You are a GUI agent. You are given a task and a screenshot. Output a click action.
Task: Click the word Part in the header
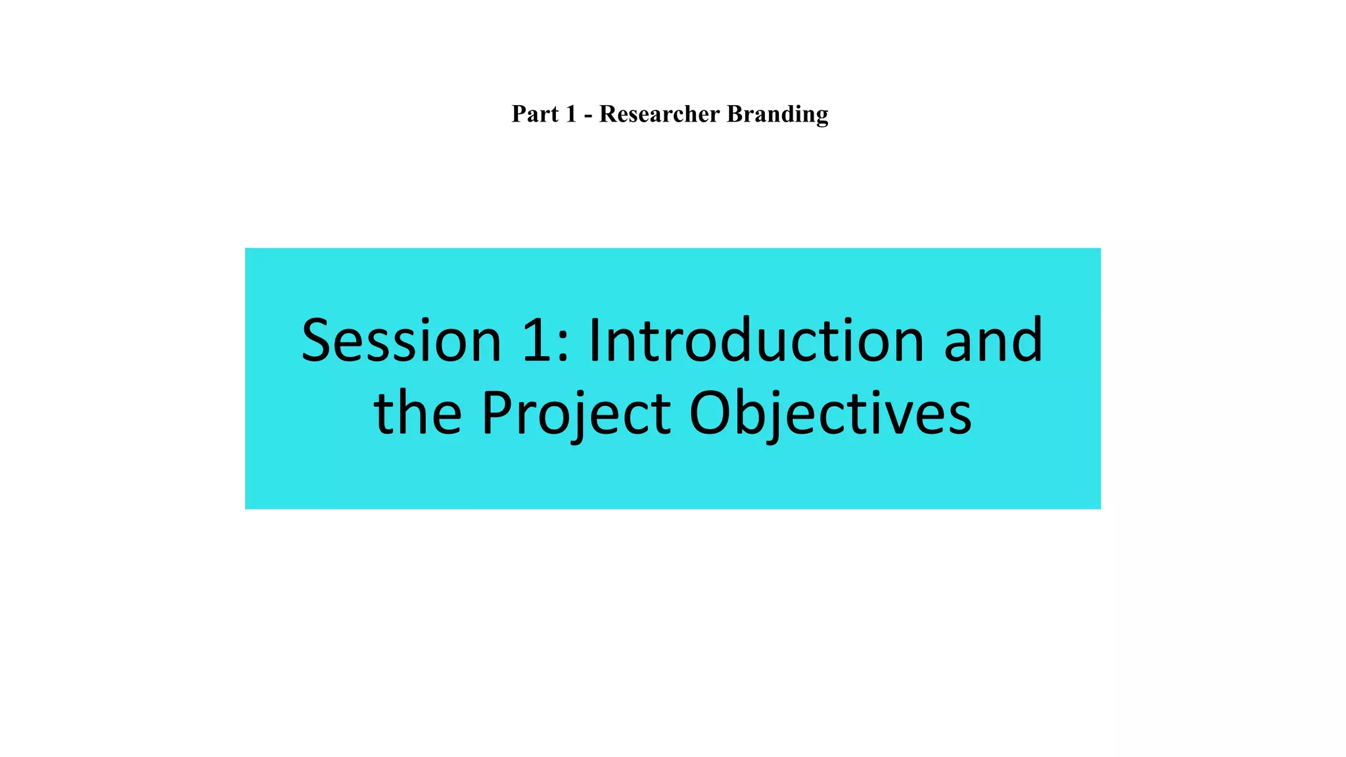click(535, 114)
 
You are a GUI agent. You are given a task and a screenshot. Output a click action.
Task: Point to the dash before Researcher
click(588, 116)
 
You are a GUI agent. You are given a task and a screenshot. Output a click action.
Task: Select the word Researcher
click(659, 114)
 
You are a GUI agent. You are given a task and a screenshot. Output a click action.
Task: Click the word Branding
click(777, 115)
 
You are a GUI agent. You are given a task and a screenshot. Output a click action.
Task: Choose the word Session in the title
click(402, 341)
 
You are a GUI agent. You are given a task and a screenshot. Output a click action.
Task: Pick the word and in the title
click(993, 341)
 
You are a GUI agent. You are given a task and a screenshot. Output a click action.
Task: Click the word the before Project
click(417, 413)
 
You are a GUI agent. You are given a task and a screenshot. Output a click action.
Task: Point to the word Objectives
click(830, 415)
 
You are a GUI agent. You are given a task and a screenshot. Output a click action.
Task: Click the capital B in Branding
click(735, 114)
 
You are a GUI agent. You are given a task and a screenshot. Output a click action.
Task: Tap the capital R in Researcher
click(608, 114)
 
